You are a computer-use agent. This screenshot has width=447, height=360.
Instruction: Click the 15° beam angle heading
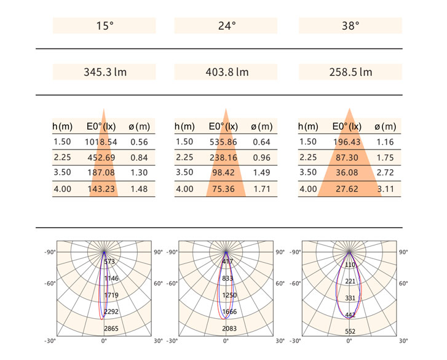(x=105, y=26)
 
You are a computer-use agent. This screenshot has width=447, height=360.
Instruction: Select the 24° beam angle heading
(x=227, y=26)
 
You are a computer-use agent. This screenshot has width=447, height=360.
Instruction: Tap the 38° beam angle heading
(x=350, y=26)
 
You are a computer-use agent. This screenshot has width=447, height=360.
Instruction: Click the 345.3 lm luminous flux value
(x=105, y=72)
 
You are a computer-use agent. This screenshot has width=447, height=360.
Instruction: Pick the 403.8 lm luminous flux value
(x=227, y=72)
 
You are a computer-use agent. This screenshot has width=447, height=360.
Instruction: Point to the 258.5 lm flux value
(x=350, y=72)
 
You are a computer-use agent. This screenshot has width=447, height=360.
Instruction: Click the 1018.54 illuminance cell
(x=101, y=142)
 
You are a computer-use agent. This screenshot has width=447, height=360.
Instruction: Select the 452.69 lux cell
(x=102, y=158)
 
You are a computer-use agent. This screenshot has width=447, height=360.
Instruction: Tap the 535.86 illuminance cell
(x=224, y=142)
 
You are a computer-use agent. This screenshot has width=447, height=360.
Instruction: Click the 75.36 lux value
(x=224, y=189)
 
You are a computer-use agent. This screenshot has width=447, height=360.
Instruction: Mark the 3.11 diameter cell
(x=385, y=189)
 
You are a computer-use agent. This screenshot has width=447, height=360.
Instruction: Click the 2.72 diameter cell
(x=385, y=173)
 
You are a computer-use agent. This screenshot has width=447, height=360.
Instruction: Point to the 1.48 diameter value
(x=139, y=189)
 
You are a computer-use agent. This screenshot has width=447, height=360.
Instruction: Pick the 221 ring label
(x=350, y=281)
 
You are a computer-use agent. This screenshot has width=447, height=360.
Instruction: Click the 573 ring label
(x=109, y=262)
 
